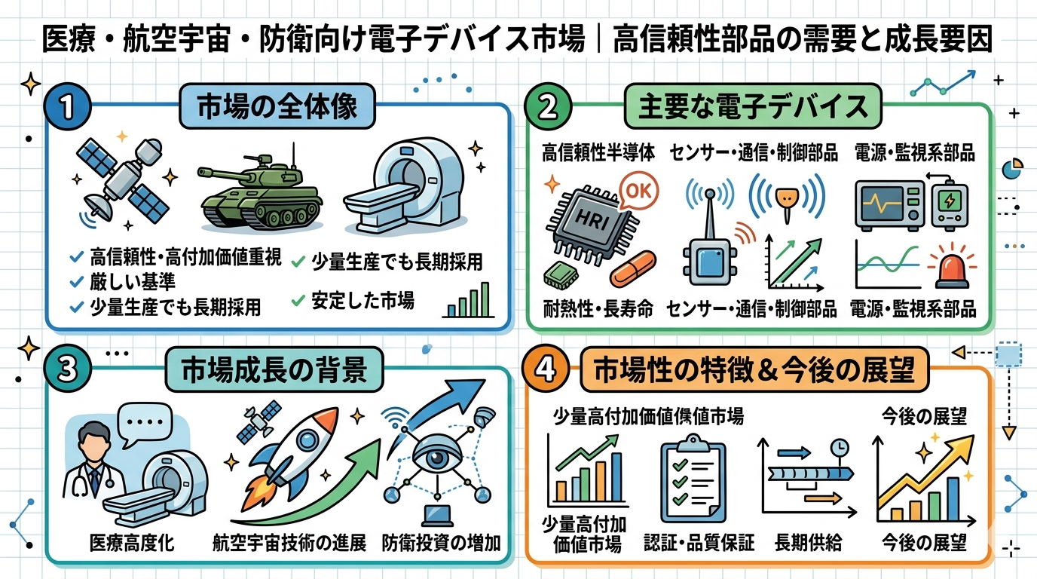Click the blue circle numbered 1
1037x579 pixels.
click(x=68, y=107)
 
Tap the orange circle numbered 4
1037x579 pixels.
click(x=546, y=369)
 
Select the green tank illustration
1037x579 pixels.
click(x=261, y=192)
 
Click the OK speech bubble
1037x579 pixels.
click(x=638, y=191)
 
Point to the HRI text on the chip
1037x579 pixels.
click(x=593, y=220)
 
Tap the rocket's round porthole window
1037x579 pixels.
click(x=307, y=440)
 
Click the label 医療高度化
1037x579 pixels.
click(x=132, y=543)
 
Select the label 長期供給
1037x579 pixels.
click(x=809, y=543)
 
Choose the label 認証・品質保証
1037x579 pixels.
click(x=699, y=543)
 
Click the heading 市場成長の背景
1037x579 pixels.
click(x=274, y=369)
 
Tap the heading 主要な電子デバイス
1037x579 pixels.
click(x=753, y=106)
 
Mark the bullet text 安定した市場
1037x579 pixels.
click(x=362, y=300)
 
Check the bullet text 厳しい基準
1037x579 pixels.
click(x=133, y=282)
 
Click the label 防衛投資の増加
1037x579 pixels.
click(x=441, y=543)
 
